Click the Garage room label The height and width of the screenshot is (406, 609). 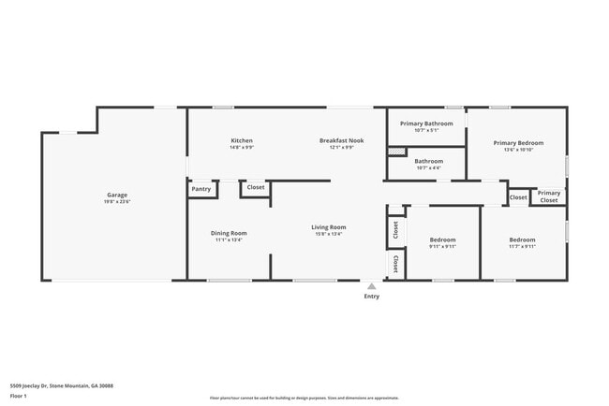pyautogui.click(x=116, y=195)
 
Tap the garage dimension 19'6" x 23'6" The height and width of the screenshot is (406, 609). pyautogui.click(x=116, y=202)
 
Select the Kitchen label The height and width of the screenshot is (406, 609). pyautogui.click(x=242, y=140)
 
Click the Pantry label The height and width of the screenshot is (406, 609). pyautogui.click(x=201, y=189)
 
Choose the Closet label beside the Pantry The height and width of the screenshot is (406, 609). pyautogui.click(x=256, y=187)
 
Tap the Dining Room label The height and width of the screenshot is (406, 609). pyautogui.click(x=229, y=233)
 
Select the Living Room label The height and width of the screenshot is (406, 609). pyautogui.click(x=329, y=226)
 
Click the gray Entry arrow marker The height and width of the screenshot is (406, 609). pyautogui.click(x=372, y=286)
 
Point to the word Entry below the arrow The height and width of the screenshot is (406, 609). pyautogui.click(x=372, y=297)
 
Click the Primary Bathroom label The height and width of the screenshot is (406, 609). pyautogui.click(x=426, y=123)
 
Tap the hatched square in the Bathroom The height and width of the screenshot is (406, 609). pyautogui.click(x=392, y=151)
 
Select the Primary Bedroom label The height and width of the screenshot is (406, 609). pyautogui.click(x=518, y=142)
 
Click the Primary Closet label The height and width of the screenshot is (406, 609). pyautogui.click(x=549, y=196)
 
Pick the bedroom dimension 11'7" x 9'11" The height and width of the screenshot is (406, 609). pyautogui.click(x=522, y=247)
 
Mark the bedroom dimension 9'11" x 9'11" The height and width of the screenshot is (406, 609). pyautogui.click(x=442, y=247)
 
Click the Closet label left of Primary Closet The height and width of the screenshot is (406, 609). pyautogui.click(x=518, y=197)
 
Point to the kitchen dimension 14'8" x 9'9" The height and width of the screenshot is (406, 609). pyautogui.click(x=242, y=148)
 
